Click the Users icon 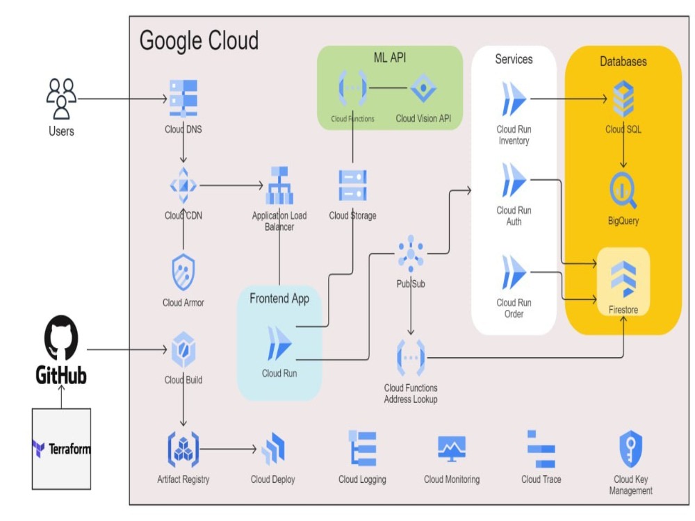click(61, 98)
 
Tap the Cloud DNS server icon click(183, 99)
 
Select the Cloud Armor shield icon click(183, 272)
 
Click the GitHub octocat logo click(61, 338)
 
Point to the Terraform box click(61, 449)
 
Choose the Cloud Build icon click(183, 349)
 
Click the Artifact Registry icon click(183, 449)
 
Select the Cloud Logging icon click(362, 449)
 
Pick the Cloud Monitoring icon click(452, 449)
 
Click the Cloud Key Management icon click(630, 449)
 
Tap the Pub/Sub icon click(411, 254)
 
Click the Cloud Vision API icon click(423, 88)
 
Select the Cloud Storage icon click(352, 185)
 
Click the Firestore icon click(623, 278)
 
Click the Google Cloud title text click(199, 40)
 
